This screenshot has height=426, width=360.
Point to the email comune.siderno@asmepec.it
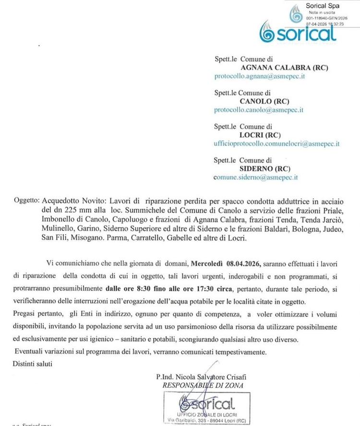pos(256,177)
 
